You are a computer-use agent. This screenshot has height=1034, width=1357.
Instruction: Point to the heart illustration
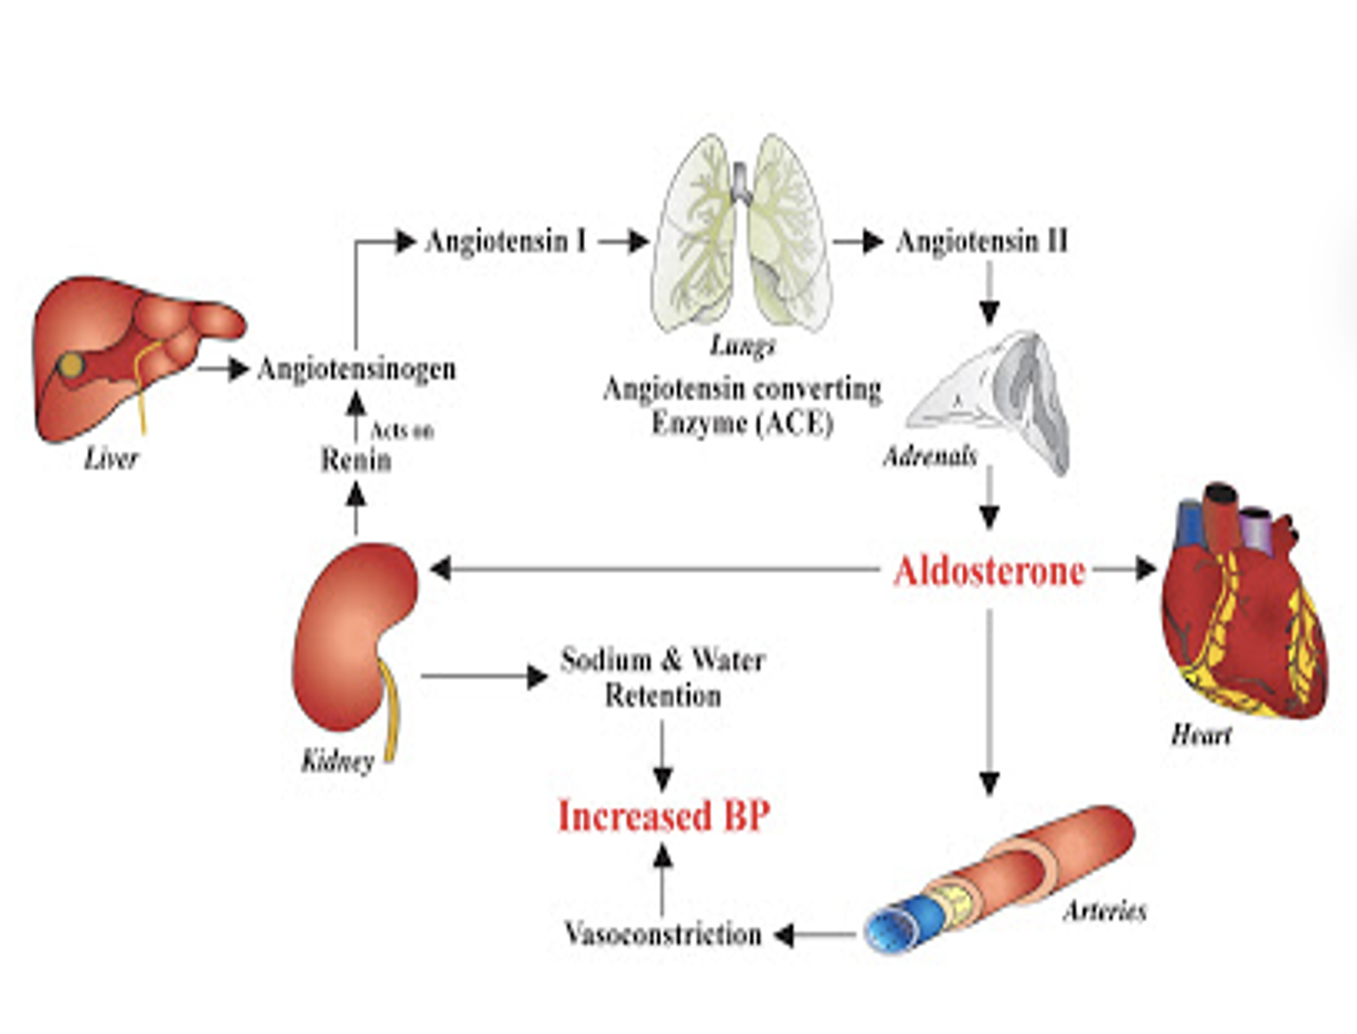[x=1243, y=613]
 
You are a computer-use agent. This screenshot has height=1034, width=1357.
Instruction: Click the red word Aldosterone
[x=989, y=571]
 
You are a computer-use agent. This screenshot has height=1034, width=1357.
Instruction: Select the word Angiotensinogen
[x=356, y=369]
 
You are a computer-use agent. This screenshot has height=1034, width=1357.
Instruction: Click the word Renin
[x=355, y=460]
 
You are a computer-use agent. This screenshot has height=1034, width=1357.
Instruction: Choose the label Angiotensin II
[x=981, y=241]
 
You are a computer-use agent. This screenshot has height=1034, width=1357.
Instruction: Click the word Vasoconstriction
[x=663, y=934]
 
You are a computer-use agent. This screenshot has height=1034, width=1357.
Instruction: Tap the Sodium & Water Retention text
[x=663, y=677]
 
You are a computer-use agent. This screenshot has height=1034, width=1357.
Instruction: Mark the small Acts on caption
[x=401, y=431]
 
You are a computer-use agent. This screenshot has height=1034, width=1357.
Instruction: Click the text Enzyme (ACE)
[x=742, y=423]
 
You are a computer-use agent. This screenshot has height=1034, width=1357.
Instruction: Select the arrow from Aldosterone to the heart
[x=1124, y=569]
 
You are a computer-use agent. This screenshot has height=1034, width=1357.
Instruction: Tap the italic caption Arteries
[x=1105, y=911]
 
